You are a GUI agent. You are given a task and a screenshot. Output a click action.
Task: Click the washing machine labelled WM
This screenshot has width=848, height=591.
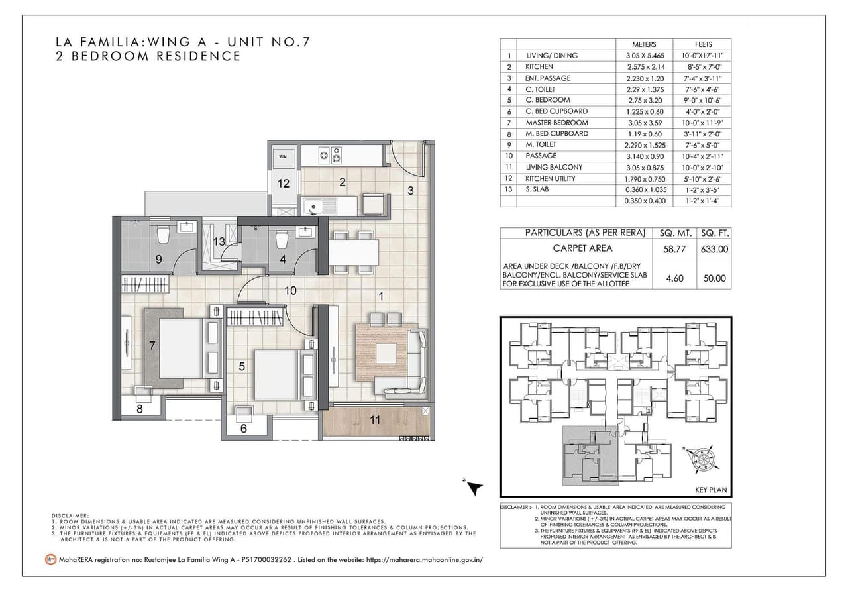click(x=283, y=156)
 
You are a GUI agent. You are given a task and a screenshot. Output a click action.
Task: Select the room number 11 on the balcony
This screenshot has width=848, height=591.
click(x=375, y=420)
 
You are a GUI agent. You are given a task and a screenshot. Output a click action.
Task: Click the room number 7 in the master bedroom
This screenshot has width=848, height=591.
click(x=152, y=345)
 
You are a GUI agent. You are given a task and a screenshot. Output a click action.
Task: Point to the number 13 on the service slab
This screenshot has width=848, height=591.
click(x=219, y=242)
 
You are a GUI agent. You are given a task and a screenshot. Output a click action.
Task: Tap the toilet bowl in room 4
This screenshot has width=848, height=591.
click(x=281, y=237)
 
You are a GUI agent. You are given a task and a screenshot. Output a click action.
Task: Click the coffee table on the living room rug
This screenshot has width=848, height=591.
click(x=386, y=352)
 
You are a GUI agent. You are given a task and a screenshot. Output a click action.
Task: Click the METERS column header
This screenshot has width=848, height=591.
click(x=644, y=44)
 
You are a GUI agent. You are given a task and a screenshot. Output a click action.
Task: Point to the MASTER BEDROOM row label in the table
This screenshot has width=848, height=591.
click(x=556, y=123)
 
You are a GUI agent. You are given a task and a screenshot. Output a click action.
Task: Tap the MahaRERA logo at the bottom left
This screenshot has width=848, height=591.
click(x=50, y=559)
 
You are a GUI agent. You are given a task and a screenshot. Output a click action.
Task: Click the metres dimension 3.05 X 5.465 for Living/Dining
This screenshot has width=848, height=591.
click(x=644, y=56)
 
